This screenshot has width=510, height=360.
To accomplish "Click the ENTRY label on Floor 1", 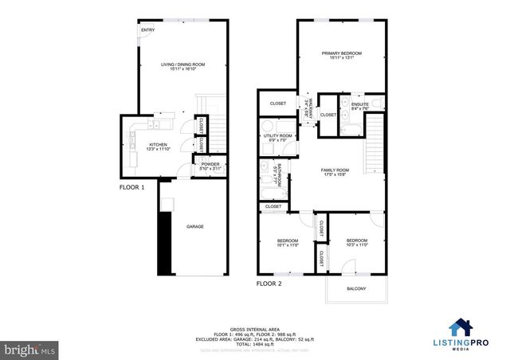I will coord(147,30).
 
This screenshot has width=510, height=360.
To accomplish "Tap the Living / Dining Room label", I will coord(182,65).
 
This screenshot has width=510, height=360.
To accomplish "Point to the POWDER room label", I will coord(210,167).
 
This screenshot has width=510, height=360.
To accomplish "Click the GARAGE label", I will coord(195,227).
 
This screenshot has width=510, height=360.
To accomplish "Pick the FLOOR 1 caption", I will coord(131,188).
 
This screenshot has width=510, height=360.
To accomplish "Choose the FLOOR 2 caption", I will coord(269,283).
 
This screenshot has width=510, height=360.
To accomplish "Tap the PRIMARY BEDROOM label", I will coord(342,54).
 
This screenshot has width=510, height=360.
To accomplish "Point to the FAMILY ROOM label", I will coord(335,171).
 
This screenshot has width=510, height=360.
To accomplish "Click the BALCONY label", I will coord(356,288).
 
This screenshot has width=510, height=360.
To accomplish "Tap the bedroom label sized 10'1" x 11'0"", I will coord(287,242).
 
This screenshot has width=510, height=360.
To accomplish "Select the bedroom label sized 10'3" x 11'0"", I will coord(356,242).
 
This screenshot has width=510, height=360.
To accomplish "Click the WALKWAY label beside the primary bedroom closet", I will coord(310,108).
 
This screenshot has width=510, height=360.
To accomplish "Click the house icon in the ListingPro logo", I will coord(459,327).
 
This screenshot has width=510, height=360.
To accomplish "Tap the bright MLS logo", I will coord(29,348).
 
